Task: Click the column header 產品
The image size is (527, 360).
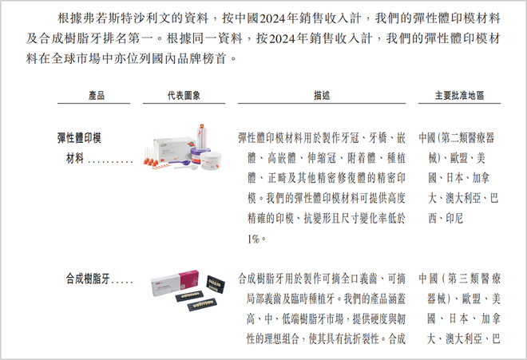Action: point(97,96)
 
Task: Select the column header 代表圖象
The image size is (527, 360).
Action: point(184,96)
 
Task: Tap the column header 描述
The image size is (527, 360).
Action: point(322,96)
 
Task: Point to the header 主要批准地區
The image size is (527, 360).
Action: point(459,96)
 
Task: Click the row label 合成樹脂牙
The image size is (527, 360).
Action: point(87,279)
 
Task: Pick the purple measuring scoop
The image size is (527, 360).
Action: point(180,163)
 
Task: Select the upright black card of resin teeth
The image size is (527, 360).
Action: point(216,284)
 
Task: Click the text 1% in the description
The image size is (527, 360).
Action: point(253,239)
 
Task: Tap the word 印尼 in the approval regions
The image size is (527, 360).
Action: point(454,219)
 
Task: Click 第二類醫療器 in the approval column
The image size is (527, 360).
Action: point(467,137)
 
